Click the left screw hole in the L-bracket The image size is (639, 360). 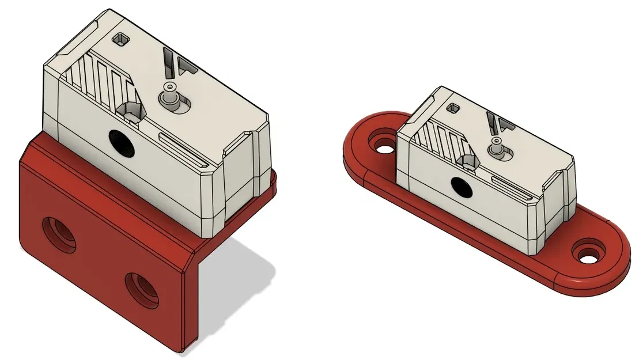[x=59, y=235]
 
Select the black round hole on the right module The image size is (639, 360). [x=460, y=185]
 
